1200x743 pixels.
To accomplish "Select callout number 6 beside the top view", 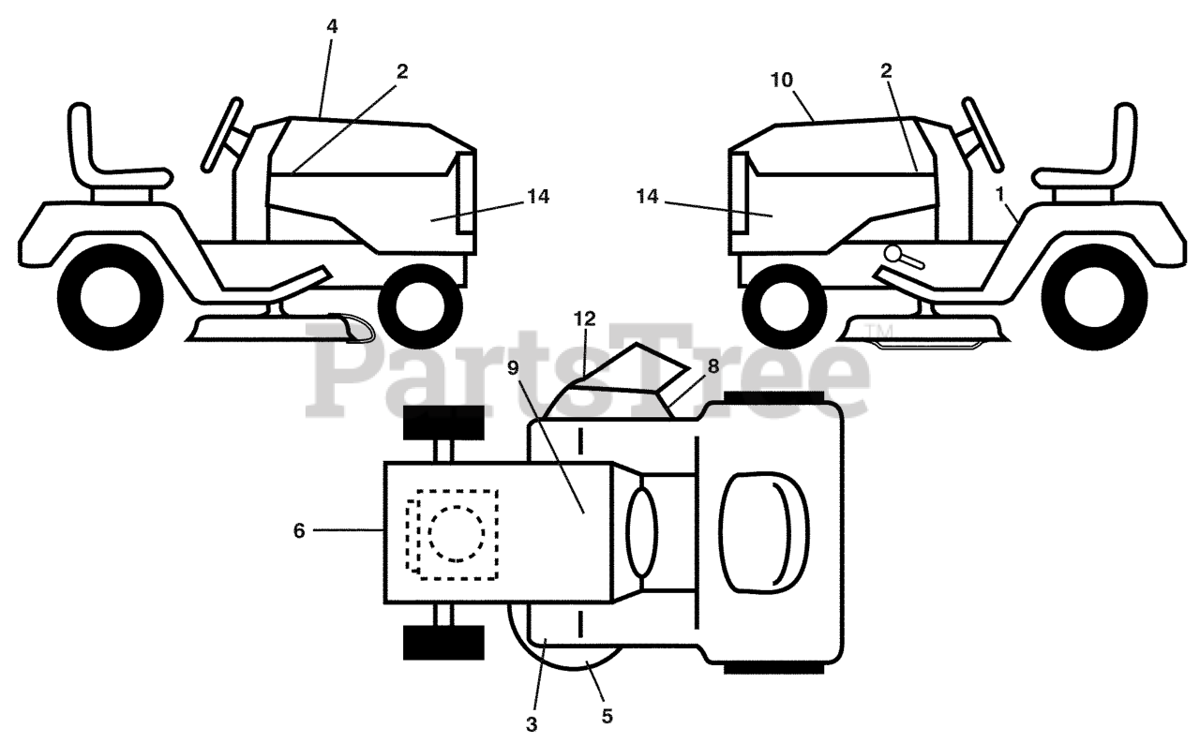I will pos(299,531).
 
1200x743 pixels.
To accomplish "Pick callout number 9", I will pos(513,368).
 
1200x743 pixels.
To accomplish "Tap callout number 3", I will pos(532,724).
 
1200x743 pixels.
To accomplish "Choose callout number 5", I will pos(607,717).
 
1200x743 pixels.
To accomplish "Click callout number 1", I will pos(1000,193).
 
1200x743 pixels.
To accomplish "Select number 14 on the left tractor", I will pos(537,197).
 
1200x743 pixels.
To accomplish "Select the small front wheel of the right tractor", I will pos(778,302).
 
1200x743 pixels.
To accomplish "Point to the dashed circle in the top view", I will pos(457,533).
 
